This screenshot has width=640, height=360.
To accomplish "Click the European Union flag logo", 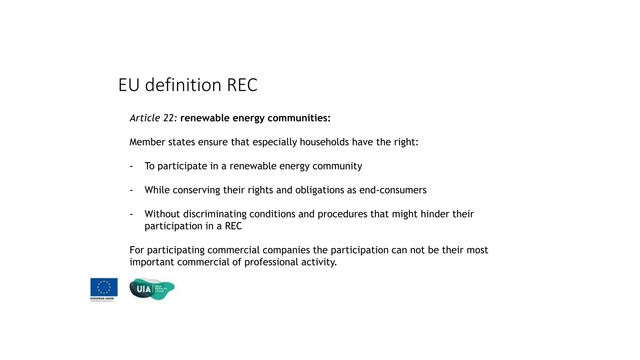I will coord(104,287).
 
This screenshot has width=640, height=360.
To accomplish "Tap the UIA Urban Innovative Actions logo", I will coord(152,289).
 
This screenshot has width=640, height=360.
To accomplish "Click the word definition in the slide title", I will coord(183,85).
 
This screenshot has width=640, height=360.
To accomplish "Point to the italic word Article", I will coord(145,118).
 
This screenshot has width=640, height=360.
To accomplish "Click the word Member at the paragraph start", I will coord(147,142).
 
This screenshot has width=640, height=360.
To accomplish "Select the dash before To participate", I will coord(131,166).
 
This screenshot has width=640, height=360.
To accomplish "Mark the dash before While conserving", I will coord(131,190).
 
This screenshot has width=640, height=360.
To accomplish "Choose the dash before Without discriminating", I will coord(131,214).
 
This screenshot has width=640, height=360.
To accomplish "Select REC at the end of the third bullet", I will coord(233,226).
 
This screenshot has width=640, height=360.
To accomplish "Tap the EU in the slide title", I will coord(129,85).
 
